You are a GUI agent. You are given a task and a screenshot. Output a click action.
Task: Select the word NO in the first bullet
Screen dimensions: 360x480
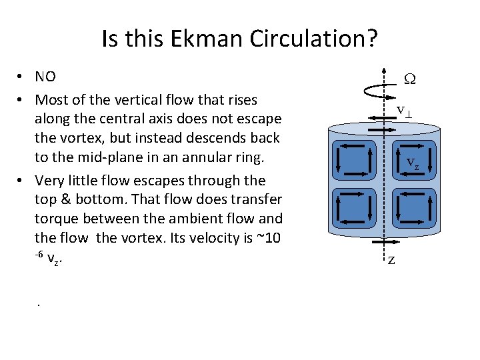click(x=45, y=77)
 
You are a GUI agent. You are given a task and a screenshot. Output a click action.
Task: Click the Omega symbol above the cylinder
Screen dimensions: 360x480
click(x=411, y=79)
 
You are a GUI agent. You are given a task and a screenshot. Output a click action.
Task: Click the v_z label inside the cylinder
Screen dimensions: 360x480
click(x=413, y=163)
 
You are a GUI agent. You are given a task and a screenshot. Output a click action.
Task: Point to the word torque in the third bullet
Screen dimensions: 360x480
click(x=55, y=218)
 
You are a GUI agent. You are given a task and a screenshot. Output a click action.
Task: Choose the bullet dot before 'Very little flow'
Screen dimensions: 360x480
click(x=21, y=181)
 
